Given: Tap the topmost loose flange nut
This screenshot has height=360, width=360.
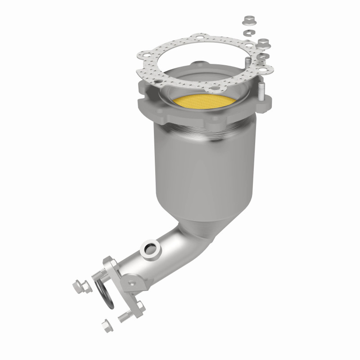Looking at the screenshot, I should click(x=248, y=20).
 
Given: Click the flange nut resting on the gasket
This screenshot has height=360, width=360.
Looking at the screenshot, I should click(x=263, y=44).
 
